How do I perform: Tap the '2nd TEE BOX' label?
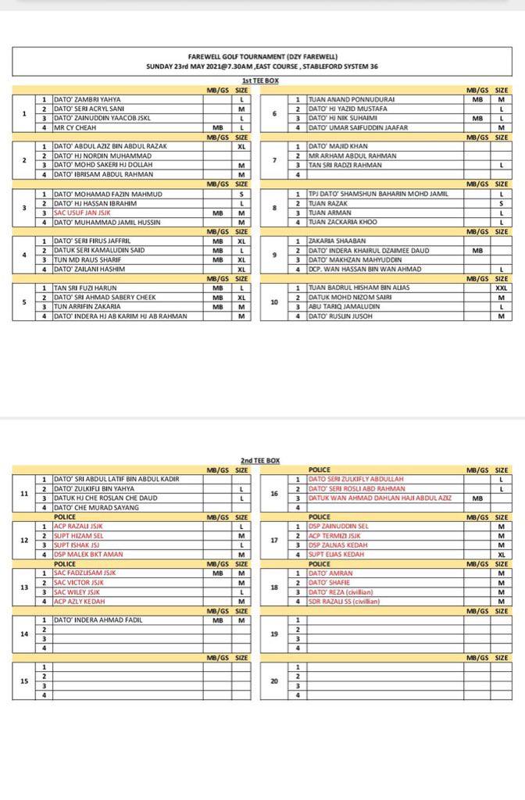pos(259,461)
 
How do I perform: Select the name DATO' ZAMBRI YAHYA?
pos(87,100)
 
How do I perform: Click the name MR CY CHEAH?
pos(75,127)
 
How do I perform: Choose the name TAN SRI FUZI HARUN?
pos(86,287)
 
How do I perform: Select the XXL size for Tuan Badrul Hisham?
pos(501,287)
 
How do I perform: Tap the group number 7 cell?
pos(273,160)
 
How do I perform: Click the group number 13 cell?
pos(24,587)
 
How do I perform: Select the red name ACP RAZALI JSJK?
pos(78,526)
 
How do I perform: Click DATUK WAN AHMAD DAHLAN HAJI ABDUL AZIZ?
pos(380,498)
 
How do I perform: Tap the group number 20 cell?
pos(273,680)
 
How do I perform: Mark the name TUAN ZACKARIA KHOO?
pos(343,222)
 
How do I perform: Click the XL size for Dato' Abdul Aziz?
pos(241,146)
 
